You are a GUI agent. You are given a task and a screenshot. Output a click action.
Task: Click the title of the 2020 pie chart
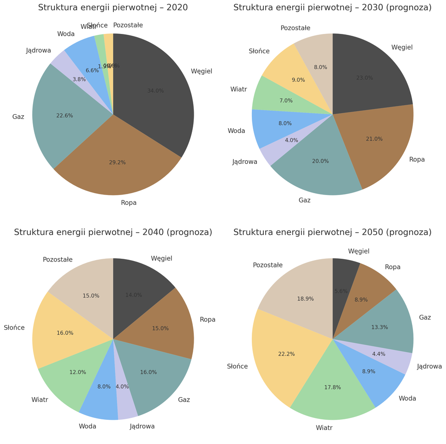(x=113, y=8)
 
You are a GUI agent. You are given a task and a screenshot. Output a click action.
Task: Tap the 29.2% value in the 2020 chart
(x=117, y=163)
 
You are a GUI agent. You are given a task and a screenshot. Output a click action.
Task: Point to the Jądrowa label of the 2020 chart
(x=39, y=51)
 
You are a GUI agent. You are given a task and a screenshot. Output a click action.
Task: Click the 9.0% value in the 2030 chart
(x=298, y=80)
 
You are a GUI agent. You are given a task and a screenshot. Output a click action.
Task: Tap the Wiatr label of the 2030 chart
(x=238, y=89)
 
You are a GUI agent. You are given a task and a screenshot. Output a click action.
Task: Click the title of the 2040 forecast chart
(x=113, y=232)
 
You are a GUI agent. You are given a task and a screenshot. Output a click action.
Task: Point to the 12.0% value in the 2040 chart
(x=78, y=372)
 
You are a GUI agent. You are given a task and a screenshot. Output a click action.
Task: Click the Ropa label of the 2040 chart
(x=207, y=320)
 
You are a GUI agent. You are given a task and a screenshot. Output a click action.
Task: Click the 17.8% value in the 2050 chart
(x=332, y=387)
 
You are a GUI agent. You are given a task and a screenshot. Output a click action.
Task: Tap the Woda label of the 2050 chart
(x=407, y=398)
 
